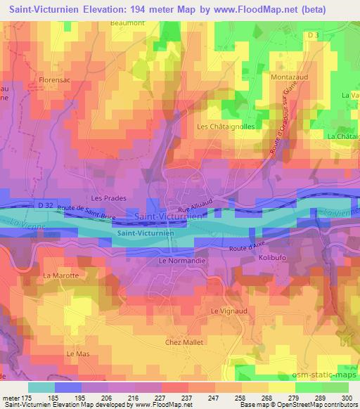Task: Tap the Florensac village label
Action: (x=56, y=81)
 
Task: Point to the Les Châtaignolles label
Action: (x=226, y=126)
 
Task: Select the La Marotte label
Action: (x=60, y=275)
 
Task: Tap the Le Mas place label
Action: (x=75, y=353)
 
